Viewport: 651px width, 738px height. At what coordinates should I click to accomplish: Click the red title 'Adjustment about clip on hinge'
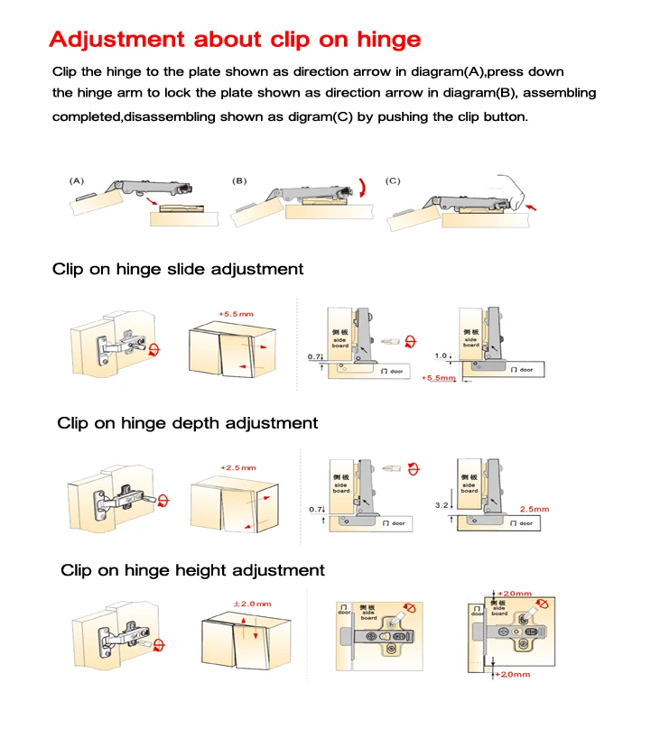point(235,40)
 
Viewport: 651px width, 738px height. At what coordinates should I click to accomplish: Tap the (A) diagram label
point(78,180)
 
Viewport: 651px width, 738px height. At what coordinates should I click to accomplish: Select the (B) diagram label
point(239,180)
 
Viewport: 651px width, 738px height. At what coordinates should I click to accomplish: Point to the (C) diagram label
point(393,180)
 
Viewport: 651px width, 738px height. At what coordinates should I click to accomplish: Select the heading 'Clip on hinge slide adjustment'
point(178,269)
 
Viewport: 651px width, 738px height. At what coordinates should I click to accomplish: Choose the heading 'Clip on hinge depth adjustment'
point(188,422)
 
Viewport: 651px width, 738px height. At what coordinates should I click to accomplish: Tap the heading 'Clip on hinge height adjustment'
point(192,570)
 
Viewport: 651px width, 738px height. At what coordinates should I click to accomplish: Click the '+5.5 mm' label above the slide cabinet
point(236,313)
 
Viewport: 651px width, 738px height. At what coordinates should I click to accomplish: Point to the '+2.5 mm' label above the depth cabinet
point(237,467)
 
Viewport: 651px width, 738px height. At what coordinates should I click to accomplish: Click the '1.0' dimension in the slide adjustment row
point(441,355)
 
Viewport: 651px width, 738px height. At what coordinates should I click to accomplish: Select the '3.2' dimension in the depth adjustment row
point(442,506)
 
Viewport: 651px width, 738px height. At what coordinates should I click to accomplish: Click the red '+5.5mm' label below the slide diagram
point(440,379)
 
